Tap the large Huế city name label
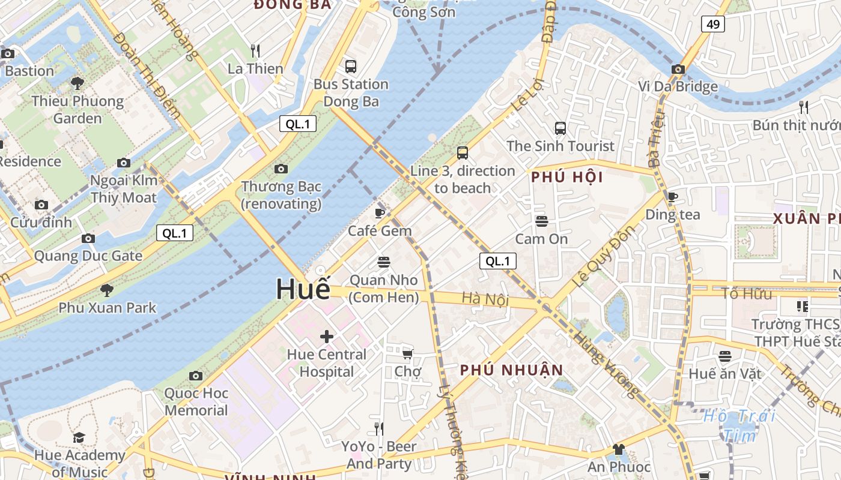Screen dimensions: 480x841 coord(303,289)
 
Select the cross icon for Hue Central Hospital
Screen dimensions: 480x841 coord(327,337)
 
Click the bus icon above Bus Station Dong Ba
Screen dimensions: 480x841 coord(351,67)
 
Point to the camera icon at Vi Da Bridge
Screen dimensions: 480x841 coord(678,69)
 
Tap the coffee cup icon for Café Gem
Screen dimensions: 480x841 coord(380,213)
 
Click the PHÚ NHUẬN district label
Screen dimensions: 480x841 coord(512,370)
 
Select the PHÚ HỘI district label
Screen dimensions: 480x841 coord(567,178)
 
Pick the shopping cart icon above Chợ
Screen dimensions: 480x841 coord(408,354)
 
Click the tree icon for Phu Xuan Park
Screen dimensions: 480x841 coord(107,290)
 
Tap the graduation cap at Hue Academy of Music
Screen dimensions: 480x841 coord(79,437)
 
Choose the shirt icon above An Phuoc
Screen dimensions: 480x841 coord(619,449)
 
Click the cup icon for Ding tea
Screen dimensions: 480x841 coord(673,197)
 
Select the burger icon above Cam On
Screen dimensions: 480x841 coord(541,221)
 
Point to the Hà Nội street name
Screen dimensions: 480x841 coord(485,299)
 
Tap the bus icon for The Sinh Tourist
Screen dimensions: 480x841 coord(560,128)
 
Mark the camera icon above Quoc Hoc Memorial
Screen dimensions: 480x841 coord(196,376)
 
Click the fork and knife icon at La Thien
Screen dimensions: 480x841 coord(255,51)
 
